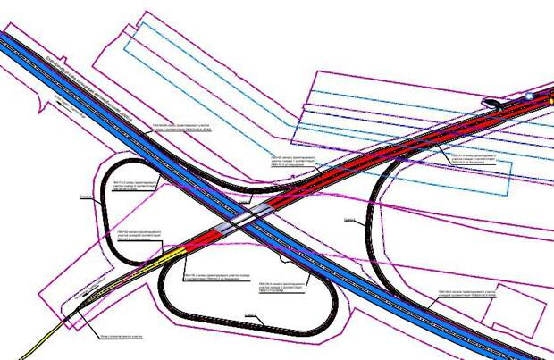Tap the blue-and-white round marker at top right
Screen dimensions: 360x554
[x=529, y=95]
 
